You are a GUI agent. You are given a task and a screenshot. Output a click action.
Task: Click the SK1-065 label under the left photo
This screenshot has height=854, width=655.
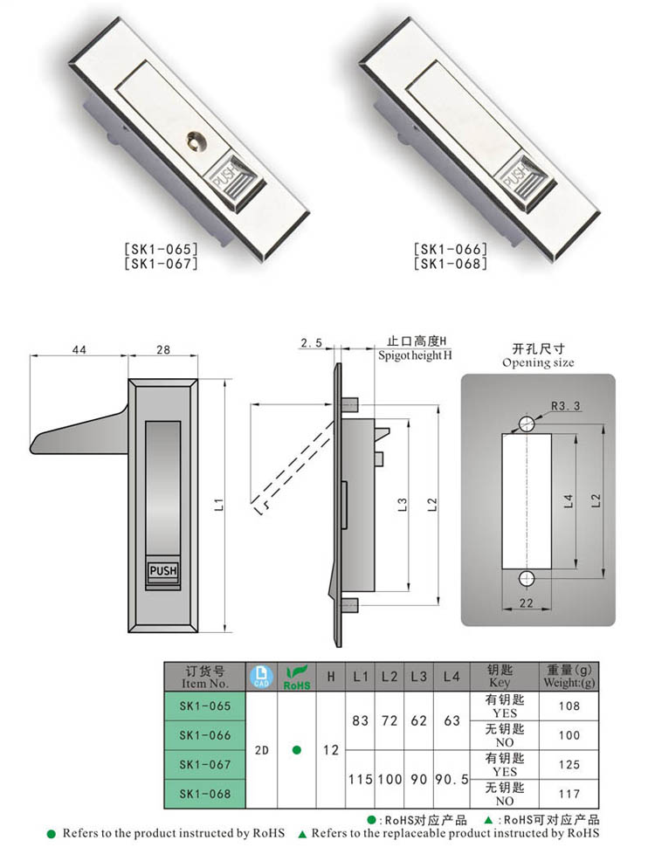click(162, 249)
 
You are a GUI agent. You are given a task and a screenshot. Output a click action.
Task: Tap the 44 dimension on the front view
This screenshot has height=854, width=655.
click(79, 349)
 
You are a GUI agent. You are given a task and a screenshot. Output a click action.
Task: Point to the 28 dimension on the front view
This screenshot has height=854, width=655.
click(163, 349)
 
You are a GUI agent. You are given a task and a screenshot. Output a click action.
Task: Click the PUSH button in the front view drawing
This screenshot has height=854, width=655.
click(163, 572)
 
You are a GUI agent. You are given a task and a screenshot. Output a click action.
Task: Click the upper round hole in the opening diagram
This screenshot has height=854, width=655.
click(526, 424)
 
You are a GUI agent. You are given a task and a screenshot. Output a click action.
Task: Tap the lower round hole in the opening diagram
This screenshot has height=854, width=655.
click(526, 578)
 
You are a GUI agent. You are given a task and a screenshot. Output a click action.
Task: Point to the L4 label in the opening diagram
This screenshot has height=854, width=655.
click(569, 501)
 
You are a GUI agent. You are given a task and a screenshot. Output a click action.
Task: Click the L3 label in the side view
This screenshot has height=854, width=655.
click(402, 505)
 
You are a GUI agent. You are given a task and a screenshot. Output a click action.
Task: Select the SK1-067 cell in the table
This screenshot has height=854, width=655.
click(205, 764)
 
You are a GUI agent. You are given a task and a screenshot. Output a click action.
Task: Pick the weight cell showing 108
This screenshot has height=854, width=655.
click(568, 705)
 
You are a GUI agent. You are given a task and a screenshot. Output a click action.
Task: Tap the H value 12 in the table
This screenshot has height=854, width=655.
click(330, 749)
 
